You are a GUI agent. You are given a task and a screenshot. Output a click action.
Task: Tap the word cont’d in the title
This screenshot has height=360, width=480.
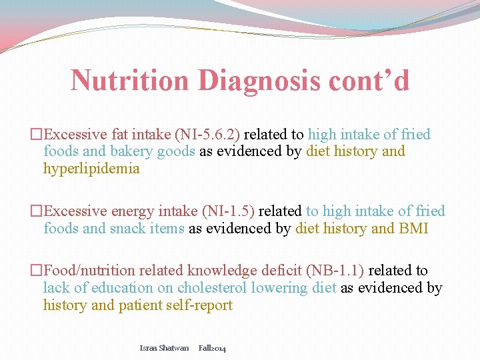click(369, 81)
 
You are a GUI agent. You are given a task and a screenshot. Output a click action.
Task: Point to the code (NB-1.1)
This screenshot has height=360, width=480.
click(335, 271)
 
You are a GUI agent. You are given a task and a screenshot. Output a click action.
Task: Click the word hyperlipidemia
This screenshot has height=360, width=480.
click(91, 169)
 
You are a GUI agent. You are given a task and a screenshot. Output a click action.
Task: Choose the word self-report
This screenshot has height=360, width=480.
click(199, 305)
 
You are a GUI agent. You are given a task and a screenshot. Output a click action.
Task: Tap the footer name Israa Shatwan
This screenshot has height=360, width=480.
click(164, 348)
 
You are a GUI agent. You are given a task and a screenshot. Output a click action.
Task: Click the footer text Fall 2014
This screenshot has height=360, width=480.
click(212, 348)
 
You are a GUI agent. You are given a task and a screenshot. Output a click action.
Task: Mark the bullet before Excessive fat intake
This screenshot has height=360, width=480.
click(36, 135)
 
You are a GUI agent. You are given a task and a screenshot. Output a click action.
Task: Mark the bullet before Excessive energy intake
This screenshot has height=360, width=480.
click(36, 211)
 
